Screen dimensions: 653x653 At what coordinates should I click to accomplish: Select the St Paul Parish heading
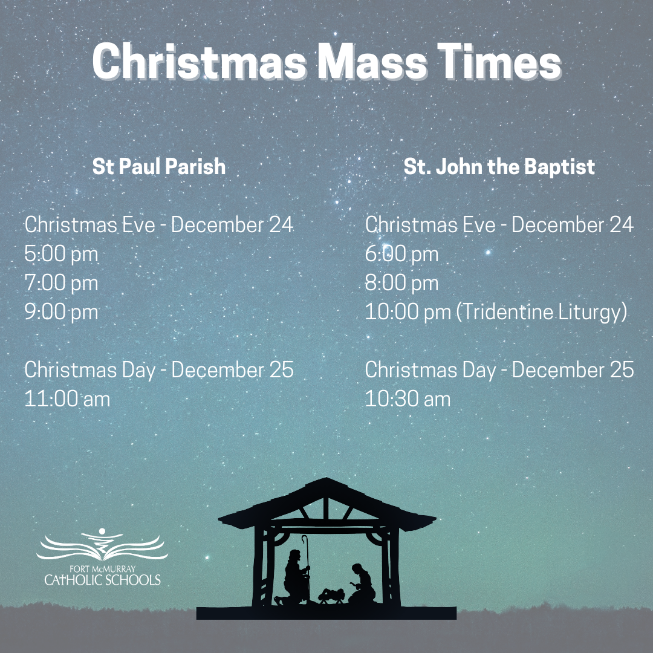[159, 167]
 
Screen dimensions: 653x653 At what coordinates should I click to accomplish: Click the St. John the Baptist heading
[499, 167]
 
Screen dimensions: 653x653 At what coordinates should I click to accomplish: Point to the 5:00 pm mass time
[61, 254]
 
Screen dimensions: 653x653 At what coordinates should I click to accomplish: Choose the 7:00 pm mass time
[61, 283]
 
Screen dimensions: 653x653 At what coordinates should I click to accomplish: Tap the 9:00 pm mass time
[61, 312]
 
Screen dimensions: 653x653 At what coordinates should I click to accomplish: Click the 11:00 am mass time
[67, 399]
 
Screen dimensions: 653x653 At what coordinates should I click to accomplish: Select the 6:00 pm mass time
[401, 254]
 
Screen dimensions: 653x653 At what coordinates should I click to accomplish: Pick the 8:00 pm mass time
[401, 283]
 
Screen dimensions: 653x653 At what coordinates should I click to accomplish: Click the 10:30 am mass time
[408, 399]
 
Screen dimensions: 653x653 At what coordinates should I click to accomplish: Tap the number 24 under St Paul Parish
[281, 225]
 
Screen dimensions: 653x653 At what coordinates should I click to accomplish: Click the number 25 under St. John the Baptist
[621, 370]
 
